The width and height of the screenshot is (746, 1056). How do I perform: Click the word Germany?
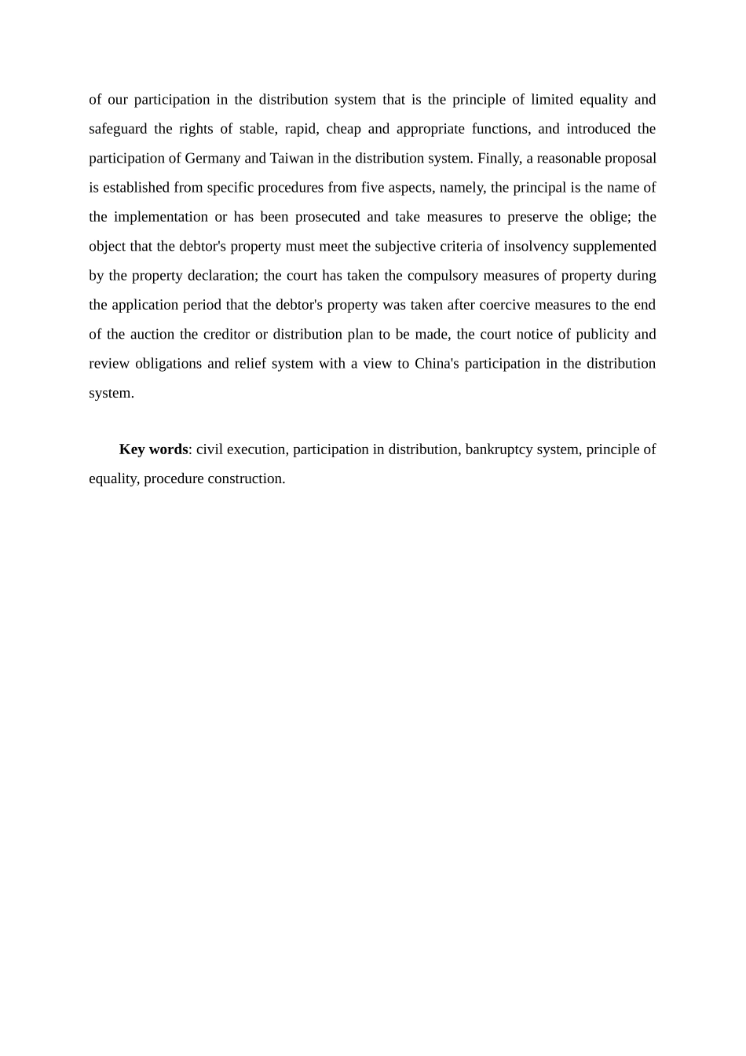(x=213, y=159)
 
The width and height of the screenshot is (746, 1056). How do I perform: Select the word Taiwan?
(x=291, y=159)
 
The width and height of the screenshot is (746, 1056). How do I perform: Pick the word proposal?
(x=631, y=159)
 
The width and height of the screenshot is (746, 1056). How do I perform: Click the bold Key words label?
(x=153, y=449)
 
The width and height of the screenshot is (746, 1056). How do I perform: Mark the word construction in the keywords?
(x=246, y=478)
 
